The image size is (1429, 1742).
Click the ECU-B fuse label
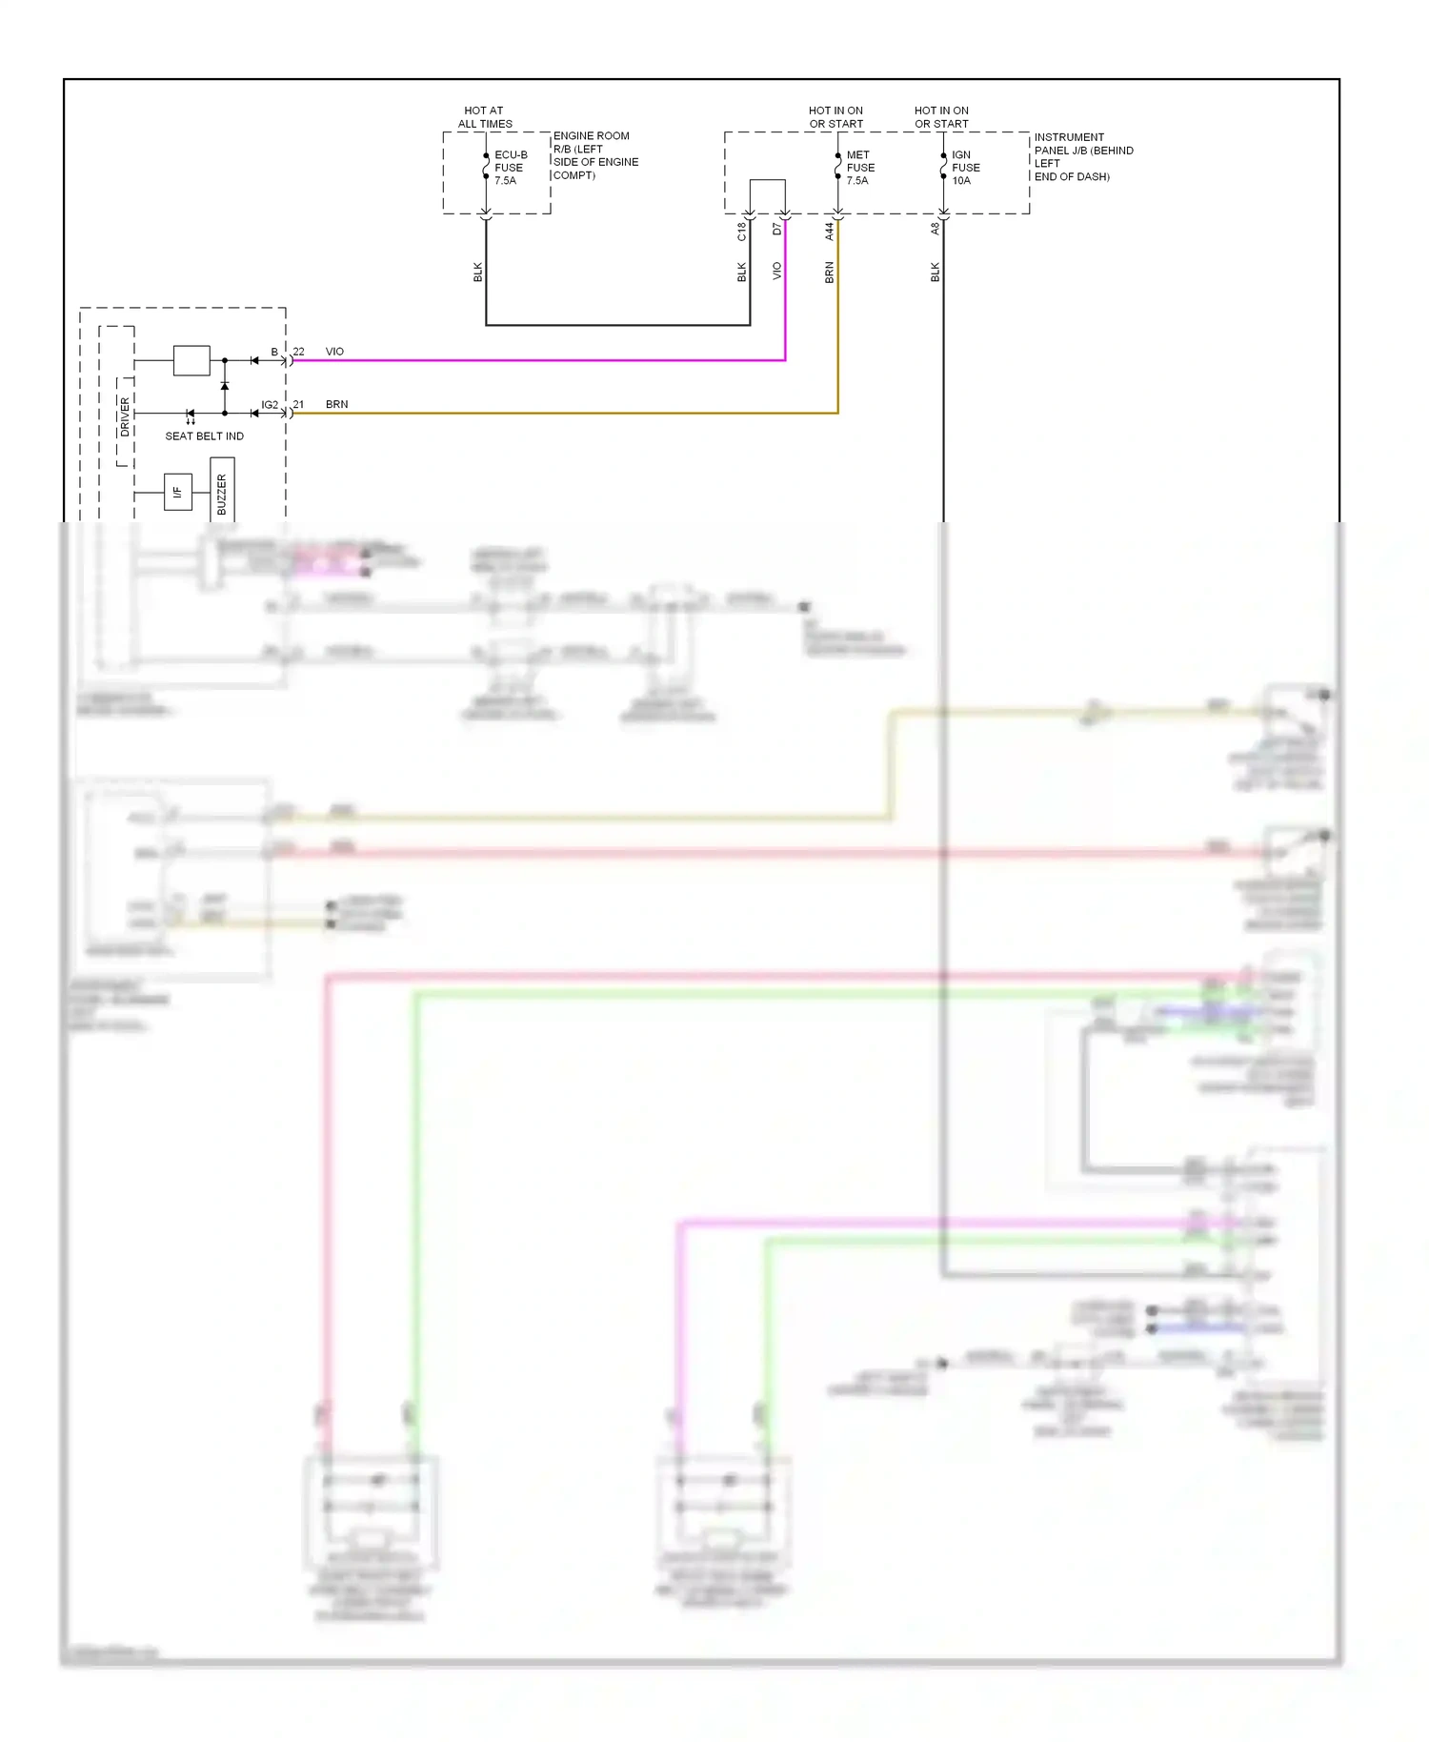510,168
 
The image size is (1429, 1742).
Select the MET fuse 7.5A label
859,168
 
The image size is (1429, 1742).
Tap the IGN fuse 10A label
965,168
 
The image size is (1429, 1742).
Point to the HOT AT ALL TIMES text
485,117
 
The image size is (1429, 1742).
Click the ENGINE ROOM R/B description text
595,155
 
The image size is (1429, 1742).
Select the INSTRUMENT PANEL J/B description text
1083,157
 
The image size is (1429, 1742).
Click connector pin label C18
741,231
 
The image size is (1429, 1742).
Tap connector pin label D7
776,230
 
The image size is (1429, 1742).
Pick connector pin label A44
829,231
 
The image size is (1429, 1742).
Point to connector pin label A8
935,229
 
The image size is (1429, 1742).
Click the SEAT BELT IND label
204,436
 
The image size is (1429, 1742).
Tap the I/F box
177,492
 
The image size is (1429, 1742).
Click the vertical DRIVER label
125,416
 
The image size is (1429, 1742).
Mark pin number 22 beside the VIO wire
298,352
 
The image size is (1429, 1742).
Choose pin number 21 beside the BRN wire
298,404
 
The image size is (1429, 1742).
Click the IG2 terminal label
270,405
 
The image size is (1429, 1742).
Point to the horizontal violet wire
533,360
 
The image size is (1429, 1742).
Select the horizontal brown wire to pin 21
562,413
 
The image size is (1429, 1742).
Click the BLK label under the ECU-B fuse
477,273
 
